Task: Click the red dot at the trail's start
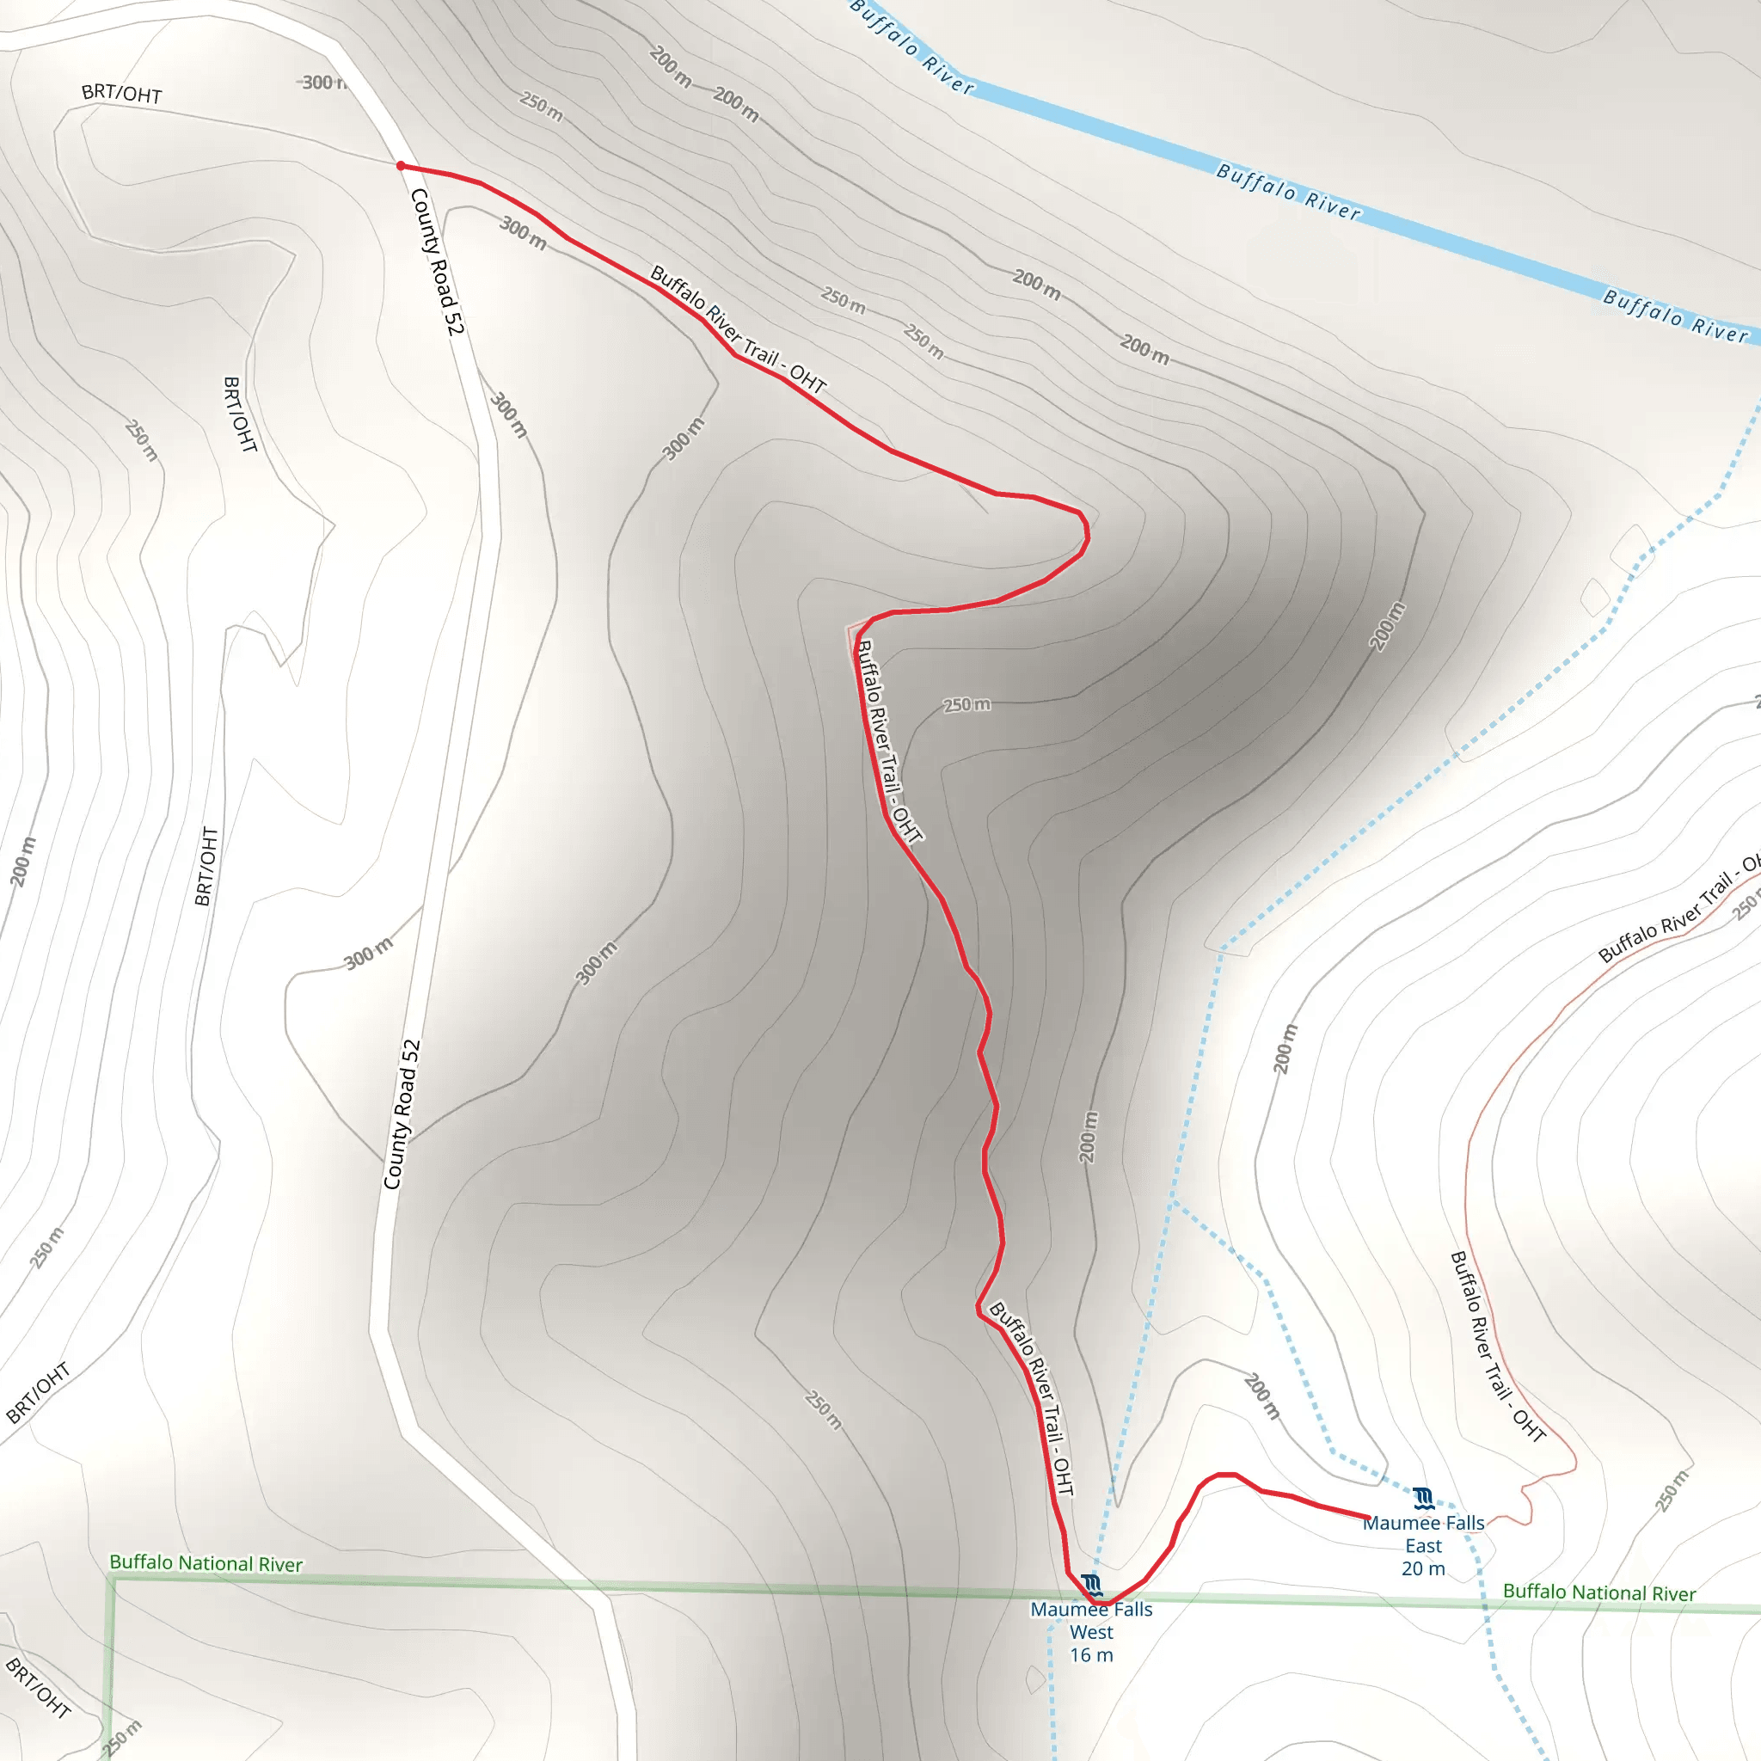point(400,166)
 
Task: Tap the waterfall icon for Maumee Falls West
point(1092,1585)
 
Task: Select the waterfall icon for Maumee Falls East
point(1424,1499)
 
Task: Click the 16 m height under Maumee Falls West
point(1091,1655)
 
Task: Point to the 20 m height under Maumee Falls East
point(1423,1568)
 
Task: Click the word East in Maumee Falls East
point(1423,1546)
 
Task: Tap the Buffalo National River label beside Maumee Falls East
point(1598,1592)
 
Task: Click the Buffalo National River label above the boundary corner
point(206,1563)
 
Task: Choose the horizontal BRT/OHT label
point(121,93)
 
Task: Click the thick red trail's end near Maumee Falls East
point(1369,1517)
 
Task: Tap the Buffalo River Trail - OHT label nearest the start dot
point(738,329)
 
